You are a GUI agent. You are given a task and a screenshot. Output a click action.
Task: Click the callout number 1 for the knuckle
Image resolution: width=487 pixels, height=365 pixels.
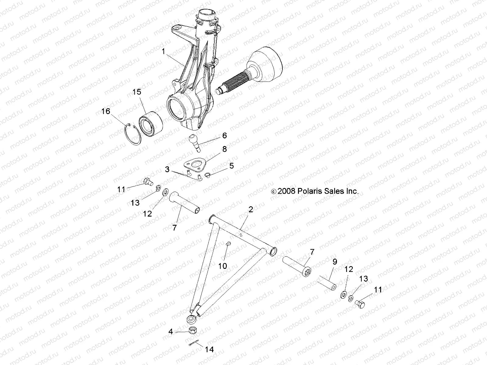tap(163, 52)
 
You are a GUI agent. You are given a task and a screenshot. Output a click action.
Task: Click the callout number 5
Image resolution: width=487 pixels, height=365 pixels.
tap(232, 166)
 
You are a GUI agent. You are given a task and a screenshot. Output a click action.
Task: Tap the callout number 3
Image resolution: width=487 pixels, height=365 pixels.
tap(167, 169)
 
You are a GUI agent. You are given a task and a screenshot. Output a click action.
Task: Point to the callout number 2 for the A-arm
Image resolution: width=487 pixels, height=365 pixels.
tap(251, 209)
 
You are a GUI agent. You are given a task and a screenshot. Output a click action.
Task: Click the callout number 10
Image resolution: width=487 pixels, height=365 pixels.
tap(223, 266)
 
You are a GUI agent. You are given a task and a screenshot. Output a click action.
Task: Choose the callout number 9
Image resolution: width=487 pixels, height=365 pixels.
tap(335, 261)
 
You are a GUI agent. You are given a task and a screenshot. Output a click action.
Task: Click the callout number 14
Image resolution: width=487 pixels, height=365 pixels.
tap(209, 350)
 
